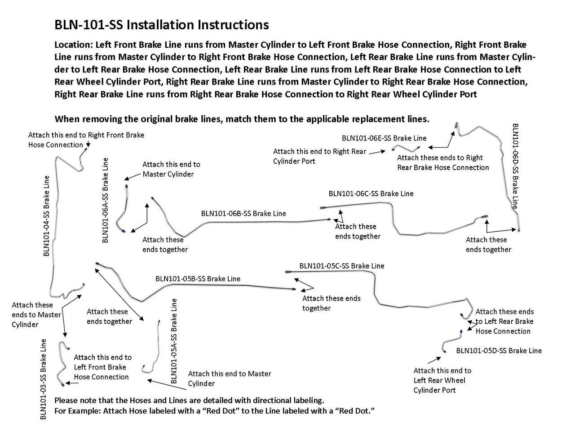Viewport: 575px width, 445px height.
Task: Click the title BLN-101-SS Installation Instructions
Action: pos(162,25)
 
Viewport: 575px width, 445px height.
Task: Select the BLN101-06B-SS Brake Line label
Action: pos(243,214)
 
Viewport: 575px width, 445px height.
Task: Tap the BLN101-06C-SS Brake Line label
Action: pos(371,194)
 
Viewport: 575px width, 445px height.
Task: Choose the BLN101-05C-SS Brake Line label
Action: pos(342,266)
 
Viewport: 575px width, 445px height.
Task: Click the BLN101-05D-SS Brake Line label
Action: pos(499,351)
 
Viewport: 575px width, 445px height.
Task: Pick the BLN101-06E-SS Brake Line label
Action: pos(384,138)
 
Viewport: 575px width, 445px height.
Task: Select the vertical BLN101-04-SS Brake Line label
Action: pos(47,216)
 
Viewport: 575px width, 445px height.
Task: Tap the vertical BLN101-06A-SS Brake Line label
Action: pos(106,200)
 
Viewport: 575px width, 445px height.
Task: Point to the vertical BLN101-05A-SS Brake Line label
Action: pos(174,341)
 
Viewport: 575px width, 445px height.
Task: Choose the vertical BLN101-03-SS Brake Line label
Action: pos(44,379)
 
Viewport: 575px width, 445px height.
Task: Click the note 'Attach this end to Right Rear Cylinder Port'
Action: pos(319,156)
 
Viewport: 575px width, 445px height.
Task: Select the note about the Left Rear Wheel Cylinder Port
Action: pos(442,380)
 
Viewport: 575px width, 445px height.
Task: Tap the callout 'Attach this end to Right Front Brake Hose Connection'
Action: pos(86,139)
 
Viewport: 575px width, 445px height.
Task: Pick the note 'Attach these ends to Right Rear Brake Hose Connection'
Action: pos(442,162)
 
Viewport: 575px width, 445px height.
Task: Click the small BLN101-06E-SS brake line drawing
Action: pos(406,148)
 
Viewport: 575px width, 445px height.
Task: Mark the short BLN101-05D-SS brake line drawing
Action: pos(452,341)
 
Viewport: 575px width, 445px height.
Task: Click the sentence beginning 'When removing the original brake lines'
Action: pos(242,119)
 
